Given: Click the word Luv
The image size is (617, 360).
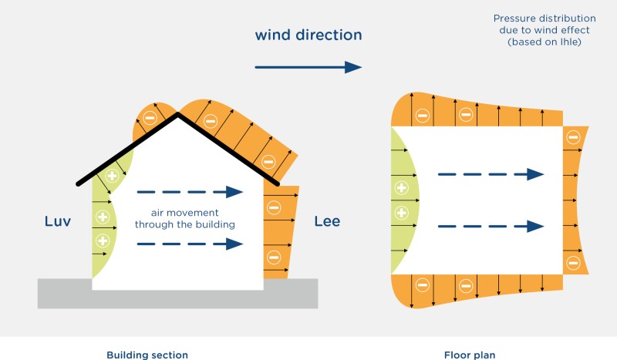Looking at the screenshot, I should click(59, 223).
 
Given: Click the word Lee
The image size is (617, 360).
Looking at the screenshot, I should click(327, 223).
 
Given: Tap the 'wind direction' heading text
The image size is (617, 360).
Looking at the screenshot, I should click(308, 35).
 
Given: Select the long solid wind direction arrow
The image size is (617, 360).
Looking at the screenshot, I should click(308, 68).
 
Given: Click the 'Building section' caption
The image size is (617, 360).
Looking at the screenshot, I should click(147, 355).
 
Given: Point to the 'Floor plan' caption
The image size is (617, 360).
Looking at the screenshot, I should click(470, 355).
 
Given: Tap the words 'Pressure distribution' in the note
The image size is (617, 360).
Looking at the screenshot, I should click(533, 18).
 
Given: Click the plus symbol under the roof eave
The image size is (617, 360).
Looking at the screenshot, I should click(113, 175).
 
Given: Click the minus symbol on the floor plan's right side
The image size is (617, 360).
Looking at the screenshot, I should click(571, 137).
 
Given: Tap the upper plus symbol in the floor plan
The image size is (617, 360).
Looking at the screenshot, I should click(401, 187).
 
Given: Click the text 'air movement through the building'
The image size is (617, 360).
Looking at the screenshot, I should click(184, 218).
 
